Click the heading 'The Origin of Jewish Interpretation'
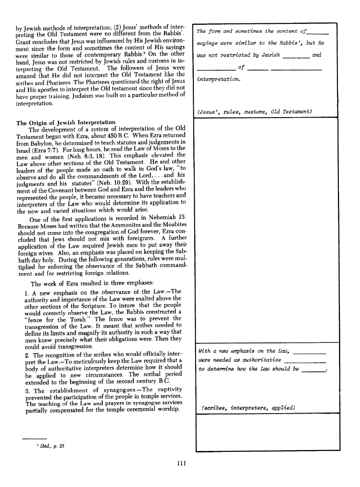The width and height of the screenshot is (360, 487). coord(66,123)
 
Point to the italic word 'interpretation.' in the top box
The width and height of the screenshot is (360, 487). coord(219,80)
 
